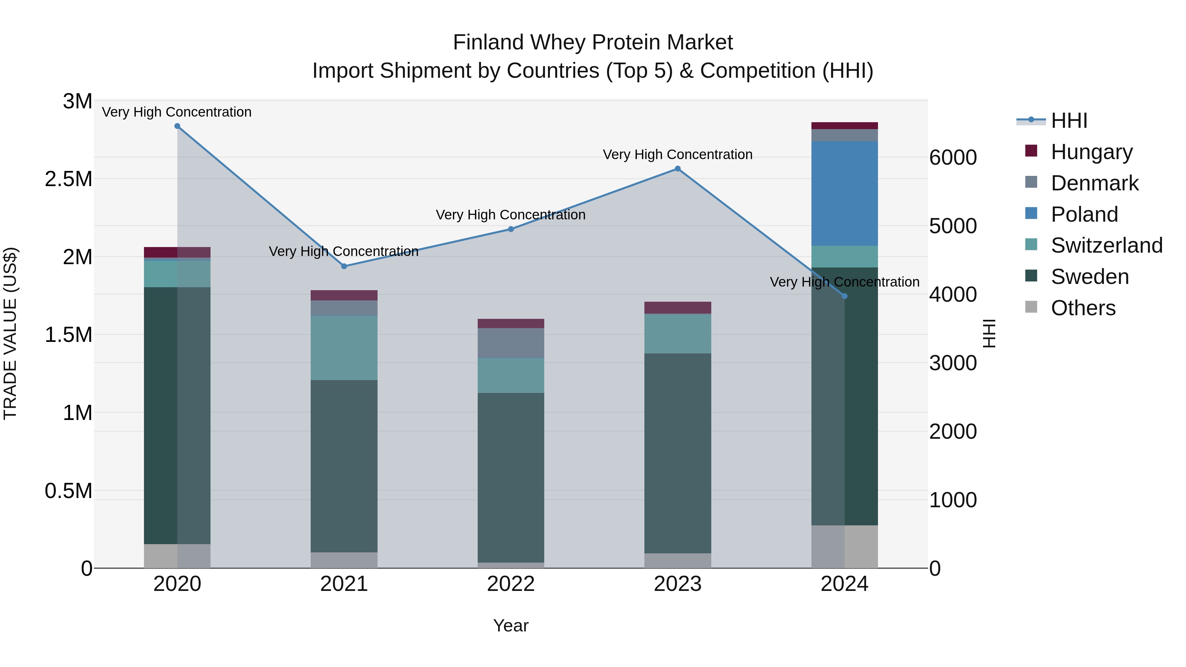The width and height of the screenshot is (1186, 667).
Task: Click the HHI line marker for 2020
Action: point(177,126)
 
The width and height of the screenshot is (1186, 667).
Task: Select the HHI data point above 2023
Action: point(677,169)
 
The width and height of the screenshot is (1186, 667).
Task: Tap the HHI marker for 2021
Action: point(344,266)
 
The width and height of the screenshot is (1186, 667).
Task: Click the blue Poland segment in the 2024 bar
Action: point(844,193)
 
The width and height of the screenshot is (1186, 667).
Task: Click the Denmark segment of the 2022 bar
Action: point(511,343)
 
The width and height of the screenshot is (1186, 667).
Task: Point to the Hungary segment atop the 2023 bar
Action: point(677,308)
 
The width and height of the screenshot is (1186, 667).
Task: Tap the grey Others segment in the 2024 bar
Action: point(844,546)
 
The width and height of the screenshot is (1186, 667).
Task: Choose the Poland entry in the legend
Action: point(1084,214)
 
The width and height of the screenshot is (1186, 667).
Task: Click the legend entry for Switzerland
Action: point(1106,245)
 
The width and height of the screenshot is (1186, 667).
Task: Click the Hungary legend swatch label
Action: point(1091,152)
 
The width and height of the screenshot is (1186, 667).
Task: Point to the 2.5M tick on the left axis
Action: point(68,179)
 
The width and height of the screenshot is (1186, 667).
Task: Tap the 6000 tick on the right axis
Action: point(952,157)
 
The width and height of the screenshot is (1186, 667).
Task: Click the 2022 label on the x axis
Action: point(511,584)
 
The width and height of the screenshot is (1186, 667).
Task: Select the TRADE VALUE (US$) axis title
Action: point(10,333)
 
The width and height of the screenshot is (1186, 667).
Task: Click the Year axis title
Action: point(511,625)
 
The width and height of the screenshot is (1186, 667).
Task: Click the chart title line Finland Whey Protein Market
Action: point(593,42)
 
